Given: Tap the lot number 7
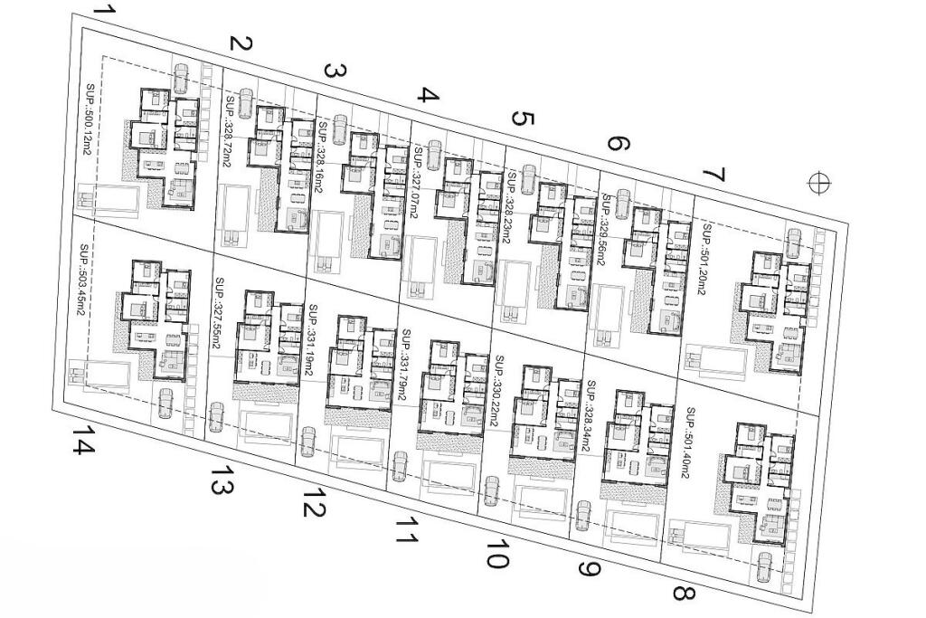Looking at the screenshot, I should [x=714, y=174].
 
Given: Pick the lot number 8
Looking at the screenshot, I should [x=684, y=593].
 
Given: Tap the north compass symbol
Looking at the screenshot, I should [x=819, y=183].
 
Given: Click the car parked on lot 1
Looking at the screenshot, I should [x=180, y=78].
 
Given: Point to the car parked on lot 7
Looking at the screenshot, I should [x=793, y=242].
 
